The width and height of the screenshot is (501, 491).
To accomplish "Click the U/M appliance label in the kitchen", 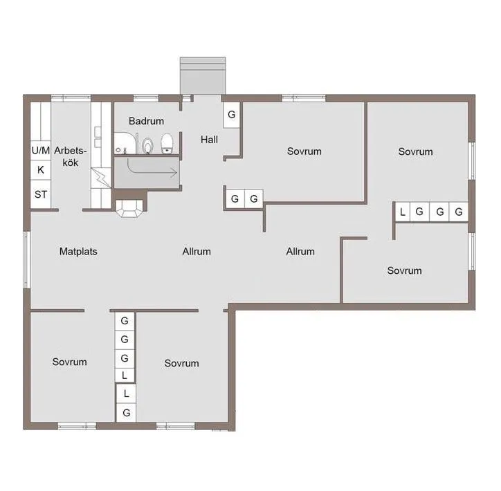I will point(40,150).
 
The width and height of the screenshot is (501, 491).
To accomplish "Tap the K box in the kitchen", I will point(40,169).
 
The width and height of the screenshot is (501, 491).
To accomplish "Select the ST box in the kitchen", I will point(40,194).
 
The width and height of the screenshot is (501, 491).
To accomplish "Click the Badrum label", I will point(146,121).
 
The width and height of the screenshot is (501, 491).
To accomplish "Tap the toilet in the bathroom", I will point(167,145).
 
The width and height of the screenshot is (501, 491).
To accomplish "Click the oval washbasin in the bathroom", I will point(147,145).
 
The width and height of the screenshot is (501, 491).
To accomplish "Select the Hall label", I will point(209,140).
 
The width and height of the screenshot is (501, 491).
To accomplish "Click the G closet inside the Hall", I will point(232,113).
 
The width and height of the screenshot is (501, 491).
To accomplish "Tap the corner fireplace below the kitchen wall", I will point(129,208).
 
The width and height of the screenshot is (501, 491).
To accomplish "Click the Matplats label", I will point(78,251).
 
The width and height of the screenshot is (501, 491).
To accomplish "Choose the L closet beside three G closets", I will point(402,212).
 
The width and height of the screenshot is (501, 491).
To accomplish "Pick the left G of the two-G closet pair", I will point(235,199).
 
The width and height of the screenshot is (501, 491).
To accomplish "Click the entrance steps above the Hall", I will point(203,74).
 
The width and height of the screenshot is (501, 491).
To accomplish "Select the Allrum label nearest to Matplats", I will point(197,251).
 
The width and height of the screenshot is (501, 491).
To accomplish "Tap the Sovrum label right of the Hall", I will point(304,151).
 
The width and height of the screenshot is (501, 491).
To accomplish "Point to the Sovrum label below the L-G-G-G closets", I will point(404,270).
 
